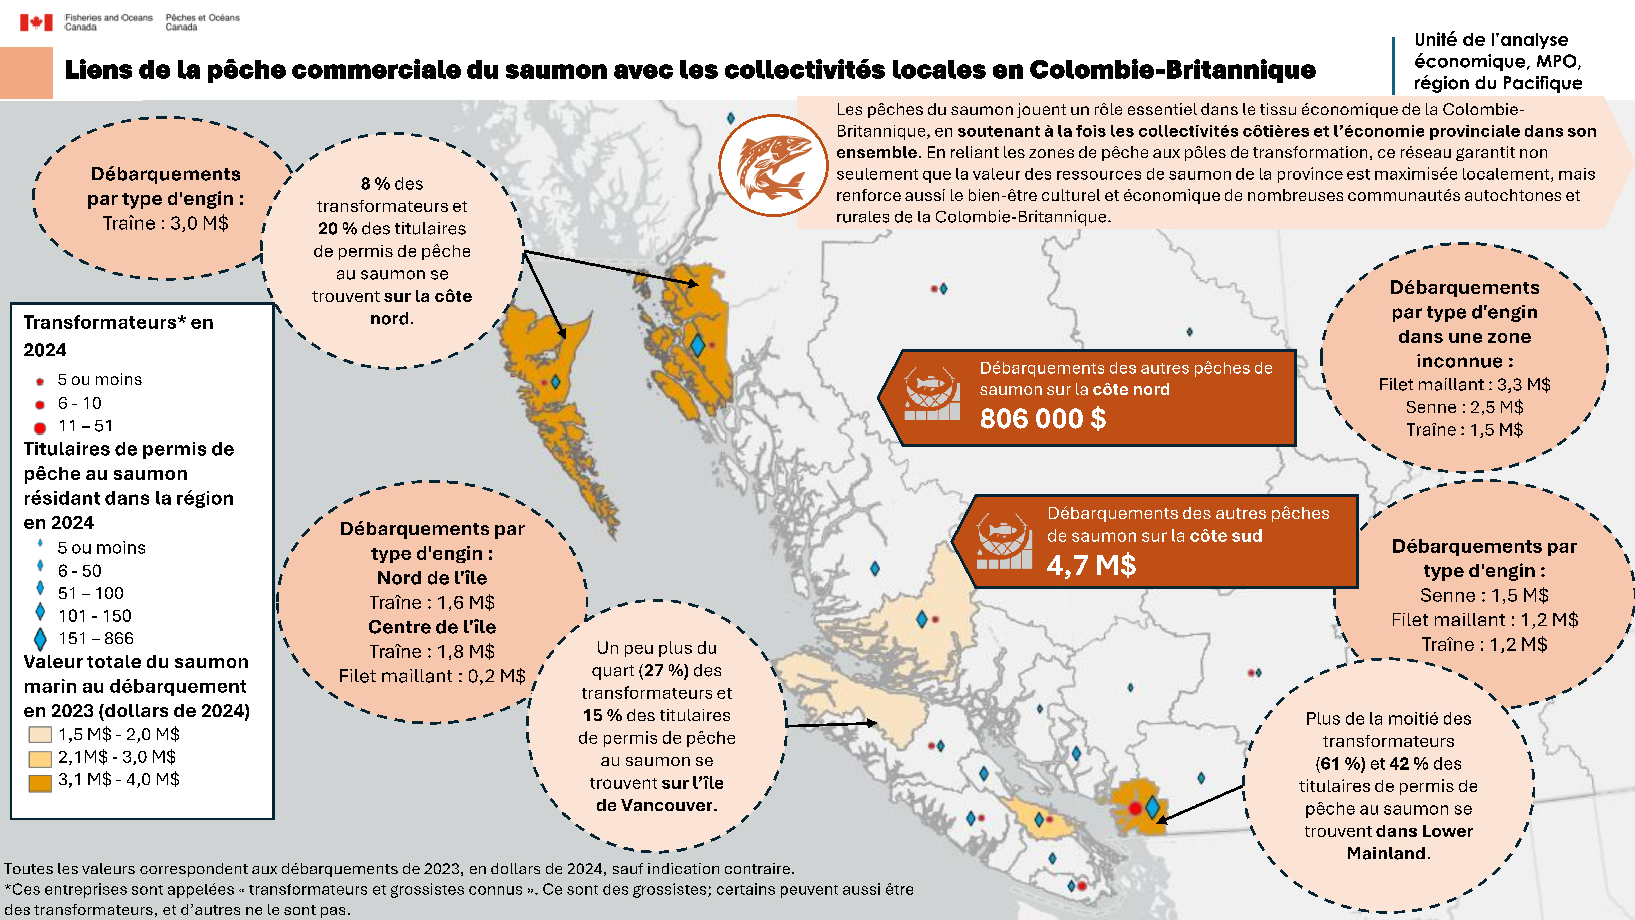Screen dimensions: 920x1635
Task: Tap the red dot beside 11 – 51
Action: coord(40,427)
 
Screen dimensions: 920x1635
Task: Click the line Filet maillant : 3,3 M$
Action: coord(1464,385)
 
